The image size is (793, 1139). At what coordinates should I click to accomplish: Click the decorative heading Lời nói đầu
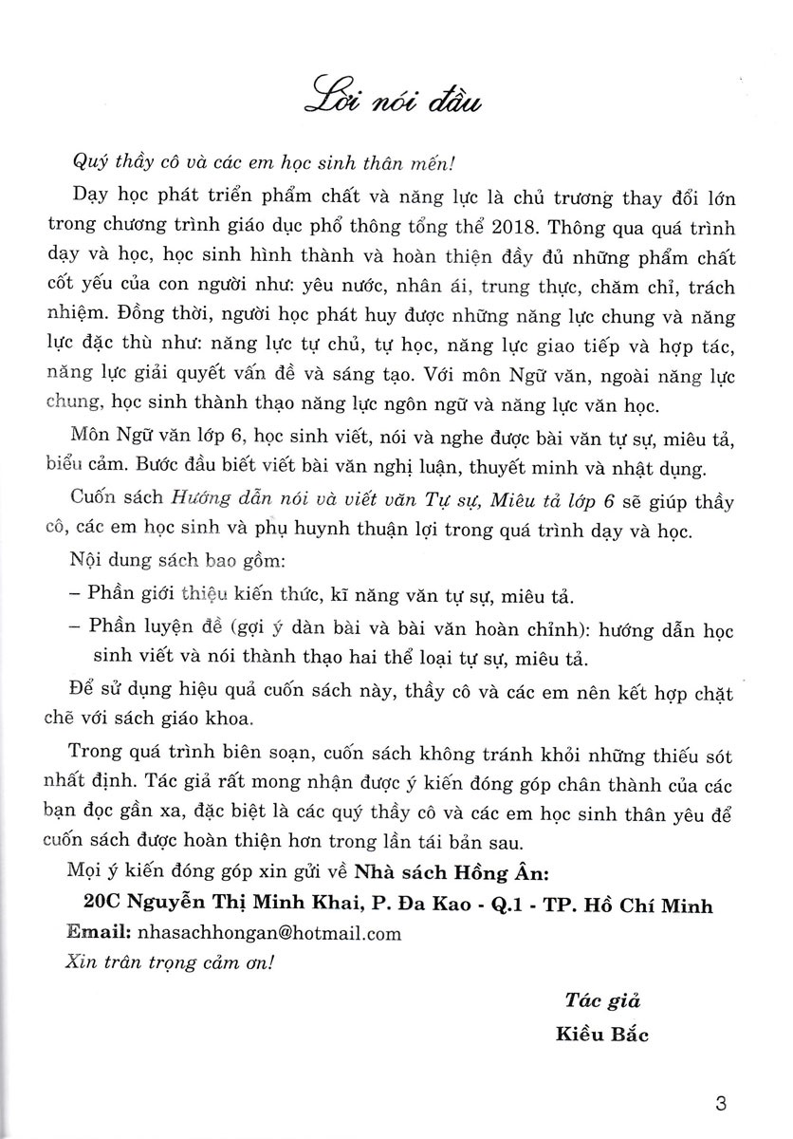[397, 97]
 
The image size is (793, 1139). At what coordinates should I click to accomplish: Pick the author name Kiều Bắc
[602, 1034]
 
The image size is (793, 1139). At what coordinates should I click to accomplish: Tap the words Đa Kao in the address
[449, 906]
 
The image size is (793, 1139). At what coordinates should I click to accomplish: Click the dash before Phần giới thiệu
[76, 596]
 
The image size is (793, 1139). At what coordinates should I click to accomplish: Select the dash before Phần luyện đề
[76, 628]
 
